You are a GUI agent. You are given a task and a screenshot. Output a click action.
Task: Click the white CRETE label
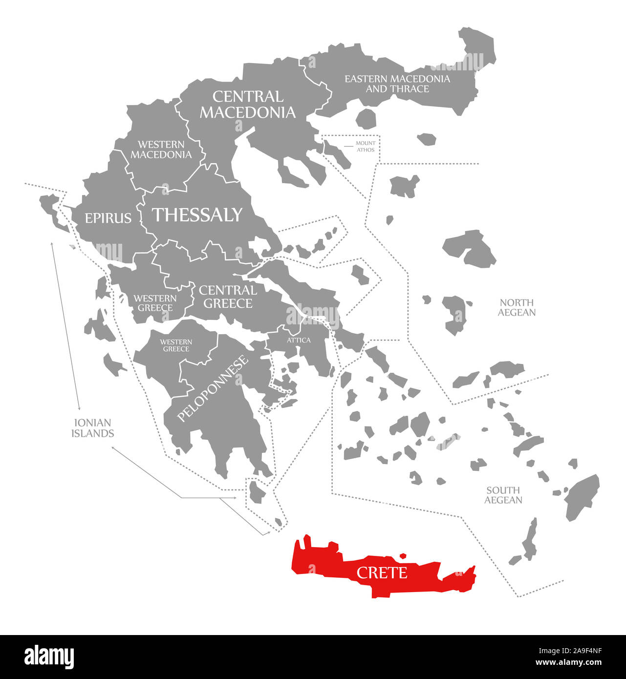(382, 573)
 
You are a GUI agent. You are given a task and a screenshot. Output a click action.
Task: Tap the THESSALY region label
(197, 215)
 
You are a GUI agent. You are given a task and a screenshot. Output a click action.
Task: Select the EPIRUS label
(108, 218)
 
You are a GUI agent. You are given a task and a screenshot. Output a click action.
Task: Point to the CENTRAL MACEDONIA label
(248, 105)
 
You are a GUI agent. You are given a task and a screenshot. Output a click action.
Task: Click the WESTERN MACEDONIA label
(161, 149)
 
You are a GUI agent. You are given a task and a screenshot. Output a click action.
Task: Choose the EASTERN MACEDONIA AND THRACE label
(397, 84)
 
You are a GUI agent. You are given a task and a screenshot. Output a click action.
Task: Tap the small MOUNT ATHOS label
(366, 147)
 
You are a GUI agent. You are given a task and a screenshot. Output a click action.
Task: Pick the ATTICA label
(299, 340)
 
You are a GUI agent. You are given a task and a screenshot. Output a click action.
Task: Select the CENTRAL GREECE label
(228, 297)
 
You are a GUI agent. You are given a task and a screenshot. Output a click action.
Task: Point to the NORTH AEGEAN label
(517, 308)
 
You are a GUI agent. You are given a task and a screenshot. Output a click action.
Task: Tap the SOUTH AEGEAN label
(503, 495)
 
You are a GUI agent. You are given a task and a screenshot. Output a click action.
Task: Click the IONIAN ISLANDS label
(92, 428)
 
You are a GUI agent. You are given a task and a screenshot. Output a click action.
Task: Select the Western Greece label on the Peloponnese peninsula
(176, 345)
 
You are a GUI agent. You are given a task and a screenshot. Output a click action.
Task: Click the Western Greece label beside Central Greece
(155, 303)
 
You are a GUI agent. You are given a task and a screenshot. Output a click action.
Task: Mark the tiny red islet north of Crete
(403, 555)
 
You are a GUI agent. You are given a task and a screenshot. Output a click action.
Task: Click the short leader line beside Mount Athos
(348, 146)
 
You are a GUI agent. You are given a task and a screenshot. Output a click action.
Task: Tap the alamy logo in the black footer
(49, 657)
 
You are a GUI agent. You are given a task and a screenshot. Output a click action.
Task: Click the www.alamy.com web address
(569, 663)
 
